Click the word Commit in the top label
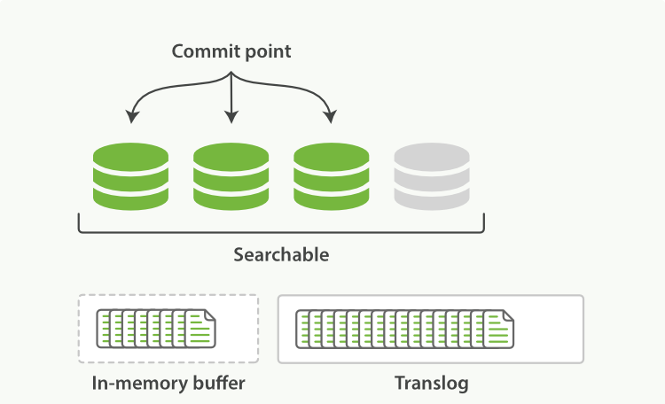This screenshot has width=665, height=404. pyautogui.click(x=201, y=52)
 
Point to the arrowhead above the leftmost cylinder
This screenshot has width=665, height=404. pyautogui.click(x=131, y=116)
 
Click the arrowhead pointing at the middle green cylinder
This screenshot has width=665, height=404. pyautogui.click(x=231, y=117)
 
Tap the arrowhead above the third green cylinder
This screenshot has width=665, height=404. pyautogui.click(x=332, y=116)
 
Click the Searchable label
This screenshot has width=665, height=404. pyautogui.click(x=281, y=255)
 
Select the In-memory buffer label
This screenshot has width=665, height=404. pyautogui.click(x=168, y=384)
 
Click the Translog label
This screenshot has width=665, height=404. pyautogui.click(x=431, y=384)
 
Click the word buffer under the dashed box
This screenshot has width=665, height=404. pyautogui.click(x=216, y=384)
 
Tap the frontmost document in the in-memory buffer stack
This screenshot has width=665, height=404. pyautogui.click(x=199, y=329)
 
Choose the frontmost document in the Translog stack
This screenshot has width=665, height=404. pyautogui.click(x=498, y=329)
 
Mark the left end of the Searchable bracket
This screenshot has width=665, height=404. pyautogui.click(x=80, y=221)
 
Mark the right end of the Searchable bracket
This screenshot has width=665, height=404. pyautogui.click(x=483, y=221)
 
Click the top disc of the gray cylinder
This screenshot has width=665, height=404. pyautogui.click(x=432, y=157)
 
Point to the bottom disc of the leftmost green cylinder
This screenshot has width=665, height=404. pyautogui.click(x=130, y=198)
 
